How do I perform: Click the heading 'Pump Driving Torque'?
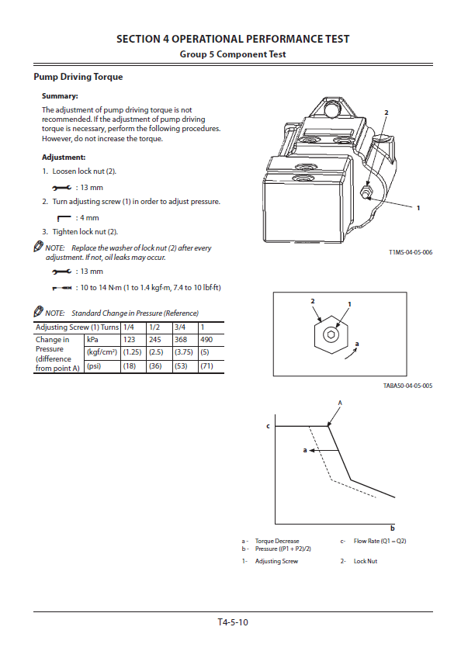point(78,77)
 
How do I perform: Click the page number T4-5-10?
point(233,622)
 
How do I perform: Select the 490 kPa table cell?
point(206,340)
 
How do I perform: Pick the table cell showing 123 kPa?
point(130,340)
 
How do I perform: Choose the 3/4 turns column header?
point(180,327)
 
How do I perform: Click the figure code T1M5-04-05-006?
point(411,253)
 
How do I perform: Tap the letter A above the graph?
point(339,403)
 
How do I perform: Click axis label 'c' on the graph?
point(268,426)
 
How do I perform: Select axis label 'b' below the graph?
point(393,528)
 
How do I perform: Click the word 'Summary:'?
point(60,96)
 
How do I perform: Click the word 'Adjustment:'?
point(64,157)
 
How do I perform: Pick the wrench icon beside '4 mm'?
point(64,217)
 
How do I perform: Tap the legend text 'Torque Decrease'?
point(276,541)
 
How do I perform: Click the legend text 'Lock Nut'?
point(365,561)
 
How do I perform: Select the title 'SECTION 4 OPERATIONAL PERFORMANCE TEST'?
point(233,39)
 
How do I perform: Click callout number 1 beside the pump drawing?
point(418,208)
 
